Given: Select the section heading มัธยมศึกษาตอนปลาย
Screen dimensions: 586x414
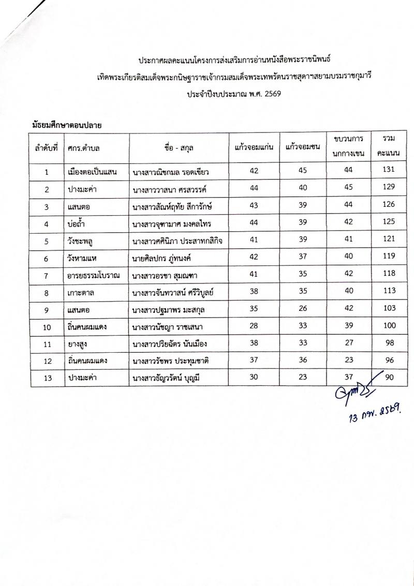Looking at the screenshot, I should [x=65, y=125].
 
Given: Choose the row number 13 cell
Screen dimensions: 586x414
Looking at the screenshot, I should [x=47, y=378].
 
